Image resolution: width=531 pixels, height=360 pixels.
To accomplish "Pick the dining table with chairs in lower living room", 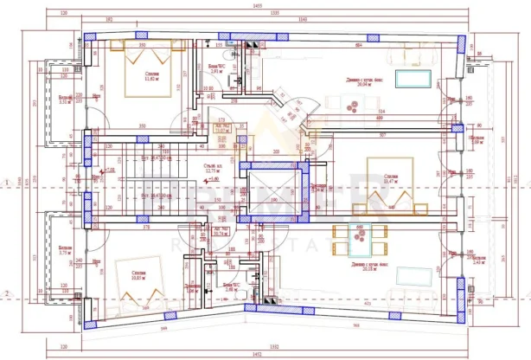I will [x=353, y=235].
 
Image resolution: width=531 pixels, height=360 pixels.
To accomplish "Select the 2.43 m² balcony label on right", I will [x=478, y=259].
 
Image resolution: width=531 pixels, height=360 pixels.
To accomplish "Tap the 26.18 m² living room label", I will [x=363, y=267].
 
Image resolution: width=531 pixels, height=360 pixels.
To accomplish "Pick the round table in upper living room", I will [x=351, y=108].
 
